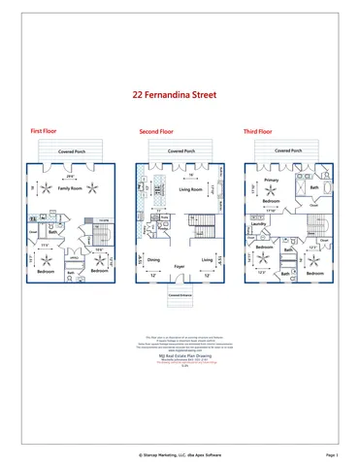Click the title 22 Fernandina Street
(x=180, y=96)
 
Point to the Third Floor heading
(x=258, y=130)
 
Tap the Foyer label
(x=180, y=265)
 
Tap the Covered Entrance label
(x=180, y=294)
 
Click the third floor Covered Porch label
(x=288, y=151)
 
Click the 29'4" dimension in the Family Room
(x=70, y=177)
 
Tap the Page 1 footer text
(x=332, y=453)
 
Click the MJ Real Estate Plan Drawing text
(x=180, y=356)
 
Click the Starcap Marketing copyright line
(x=180, y=453)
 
